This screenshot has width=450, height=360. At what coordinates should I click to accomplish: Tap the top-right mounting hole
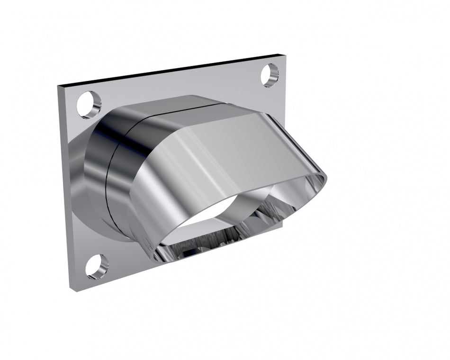(x=270, y=75)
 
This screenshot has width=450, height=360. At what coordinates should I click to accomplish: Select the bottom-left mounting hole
(x=97, y=266)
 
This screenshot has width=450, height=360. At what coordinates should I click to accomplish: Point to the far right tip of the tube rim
(x=326, y=179)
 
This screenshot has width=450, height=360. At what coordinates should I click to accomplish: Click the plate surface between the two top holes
(x=180, y=85)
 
